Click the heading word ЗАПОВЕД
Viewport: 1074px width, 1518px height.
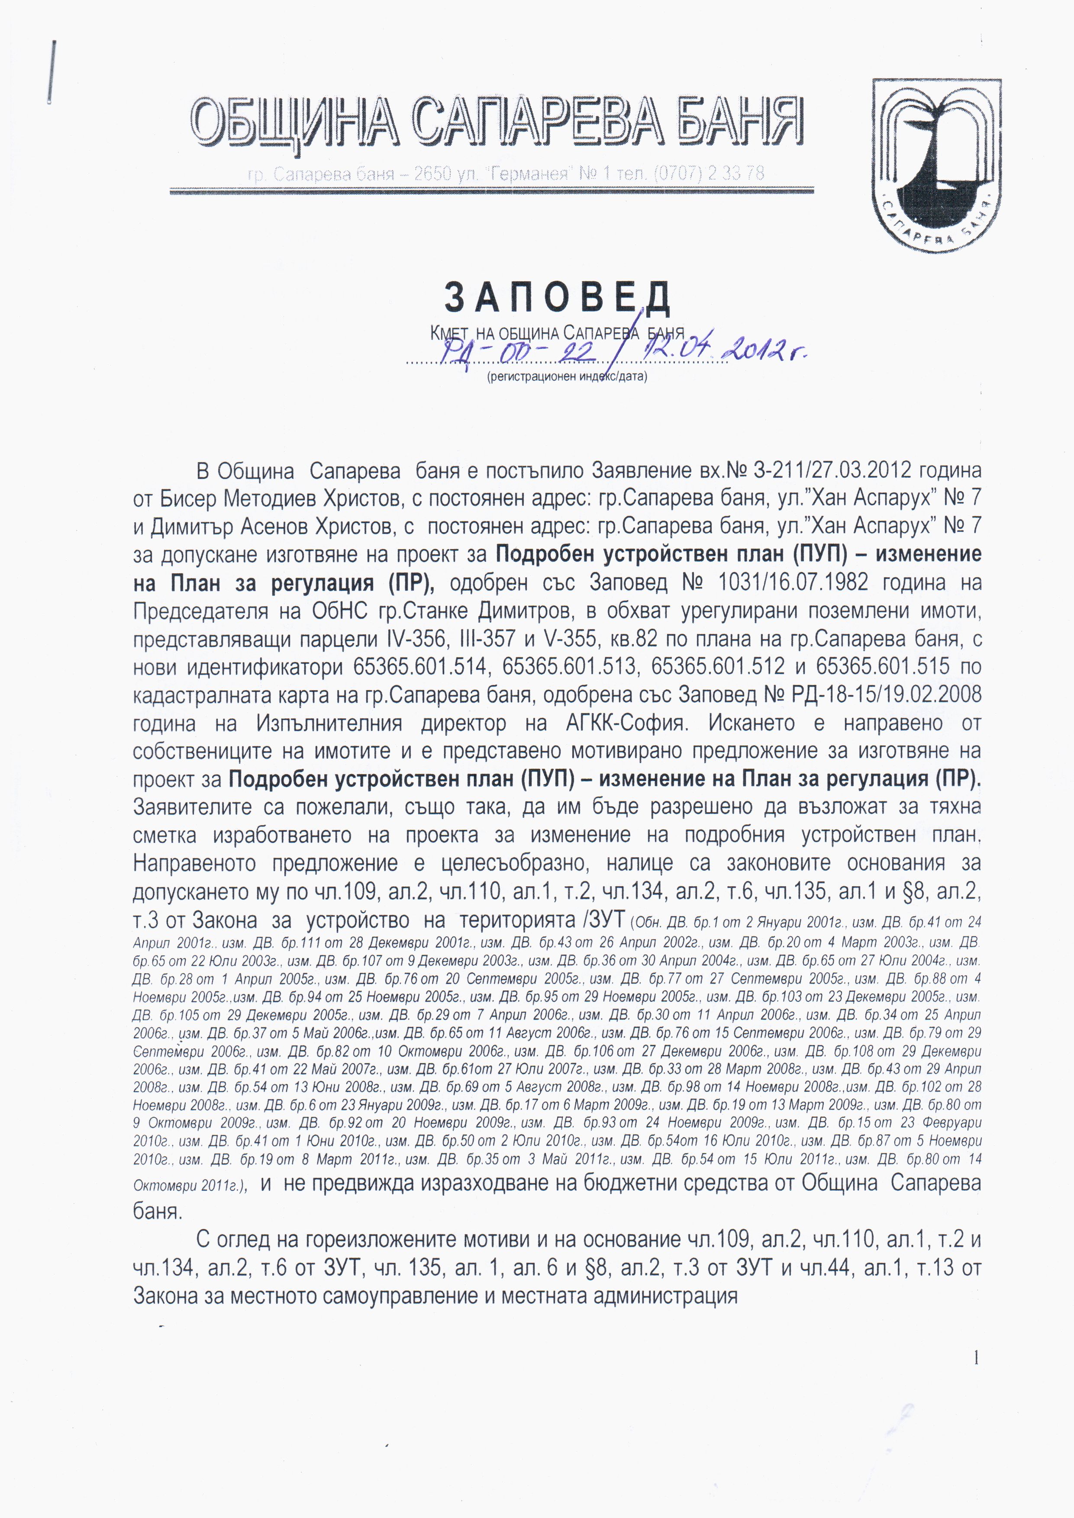pyautogui.click(x=558, y=298)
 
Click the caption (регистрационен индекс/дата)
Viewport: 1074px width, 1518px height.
pyautogui.click(x=567, y=377)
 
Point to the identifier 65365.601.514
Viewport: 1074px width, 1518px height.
pyautogui.click(x=421, y=666)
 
